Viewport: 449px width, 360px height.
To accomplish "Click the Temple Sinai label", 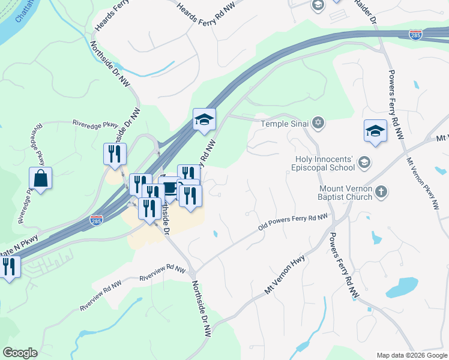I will pos(284,124).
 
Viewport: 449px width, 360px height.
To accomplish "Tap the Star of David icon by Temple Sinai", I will pos(319,124).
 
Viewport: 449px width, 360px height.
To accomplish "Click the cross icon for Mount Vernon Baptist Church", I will pos(381,193).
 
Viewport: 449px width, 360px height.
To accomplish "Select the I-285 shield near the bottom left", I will pos(97,220).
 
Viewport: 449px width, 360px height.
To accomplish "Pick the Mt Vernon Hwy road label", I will pos(285,276).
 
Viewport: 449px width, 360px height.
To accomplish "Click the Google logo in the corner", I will pos(20,353).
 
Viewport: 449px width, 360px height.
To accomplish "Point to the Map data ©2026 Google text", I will pos(411,355).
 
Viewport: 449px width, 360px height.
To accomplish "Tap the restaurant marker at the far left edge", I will pos(8,267).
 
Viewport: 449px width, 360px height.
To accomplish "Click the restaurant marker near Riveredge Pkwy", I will pos(114,154).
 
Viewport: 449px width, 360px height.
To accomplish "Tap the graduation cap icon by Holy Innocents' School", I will pos(363,162).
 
